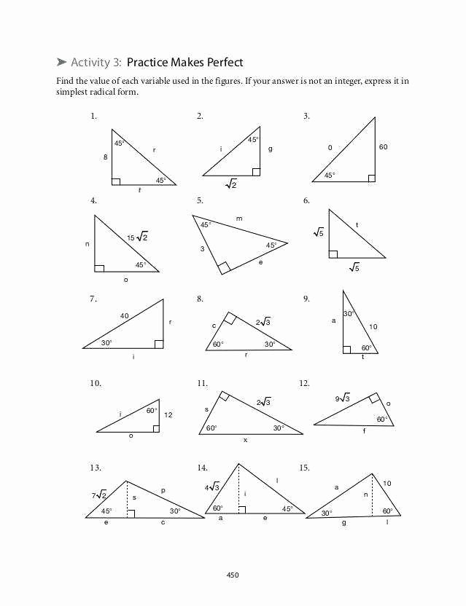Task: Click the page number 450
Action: [x=233, y=575]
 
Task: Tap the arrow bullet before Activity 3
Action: [x=61, y=63]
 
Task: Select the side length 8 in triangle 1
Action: [x=105, y=157]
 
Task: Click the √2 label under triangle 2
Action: [x=231, y=185]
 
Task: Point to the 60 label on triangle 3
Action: [x=384, y=147]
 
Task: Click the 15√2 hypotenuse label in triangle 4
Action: [x=137, y=237]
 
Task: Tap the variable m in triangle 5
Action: [x=239, y=218]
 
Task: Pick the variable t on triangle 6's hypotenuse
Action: [x=357, y=226]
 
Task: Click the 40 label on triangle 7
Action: [x=125, y=315]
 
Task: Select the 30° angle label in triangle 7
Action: [x=106, y=342]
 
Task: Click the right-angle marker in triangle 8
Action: [x=230, y=318]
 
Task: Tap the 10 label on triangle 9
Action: [x=373, y=327]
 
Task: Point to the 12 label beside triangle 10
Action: [x=168, y=414]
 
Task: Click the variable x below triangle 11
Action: [x=246, y=440]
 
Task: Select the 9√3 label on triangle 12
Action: [x=343, y=398]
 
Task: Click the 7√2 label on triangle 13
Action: [x=99, y=495]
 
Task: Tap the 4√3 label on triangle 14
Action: [x=211, y=487]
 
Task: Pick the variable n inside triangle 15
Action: [x=367, y=495]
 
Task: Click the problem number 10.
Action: [x=96, y=383]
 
